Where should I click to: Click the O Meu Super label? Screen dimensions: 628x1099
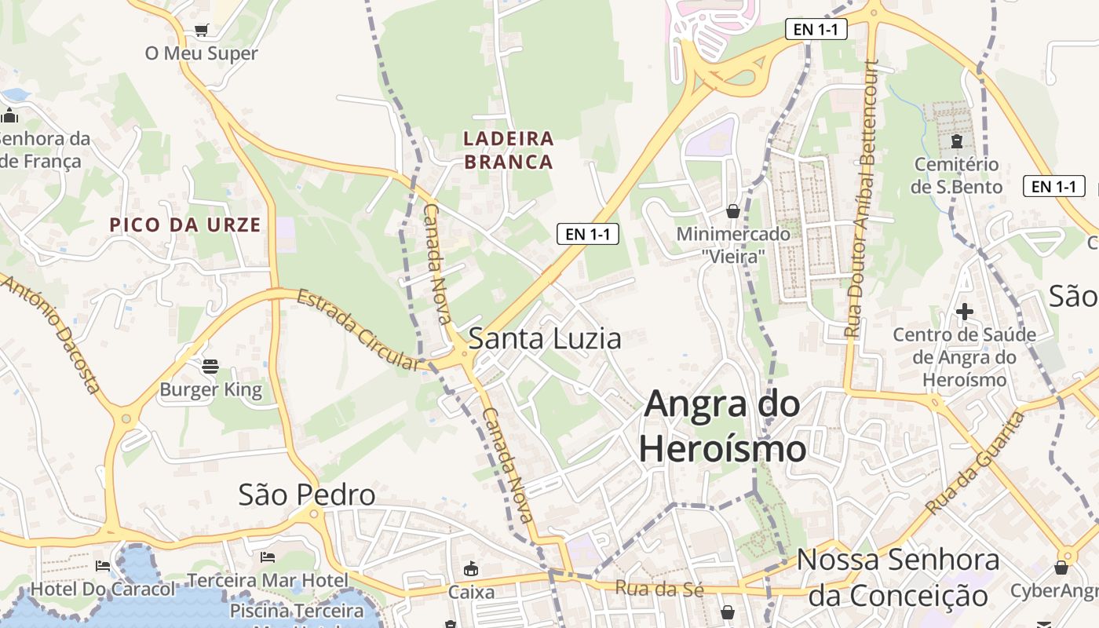click(x=202, y=53)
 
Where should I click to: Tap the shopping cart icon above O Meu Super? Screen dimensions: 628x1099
click(x=202, y=31)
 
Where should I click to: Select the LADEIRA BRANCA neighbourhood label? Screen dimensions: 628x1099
click(x=509, y=150)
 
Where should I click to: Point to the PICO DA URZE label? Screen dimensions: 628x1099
click(x=185, y=225)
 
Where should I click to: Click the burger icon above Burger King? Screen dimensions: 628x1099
click(x=210, y=366)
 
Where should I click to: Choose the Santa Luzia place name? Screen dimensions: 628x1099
click(x=545, y=338)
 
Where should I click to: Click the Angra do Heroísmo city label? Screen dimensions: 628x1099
click(x=722, y=426)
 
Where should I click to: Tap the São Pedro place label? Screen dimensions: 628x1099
click(x=307, y=495)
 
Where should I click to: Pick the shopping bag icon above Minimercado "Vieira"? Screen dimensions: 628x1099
click(x=733, y=211)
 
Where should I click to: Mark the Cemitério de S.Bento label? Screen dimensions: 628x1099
click(x=956, y=175)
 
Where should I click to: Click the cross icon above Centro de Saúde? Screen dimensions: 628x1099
click(x=965, y=312)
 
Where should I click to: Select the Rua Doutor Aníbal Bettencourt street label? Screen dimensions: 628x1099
click(x=860, y=199)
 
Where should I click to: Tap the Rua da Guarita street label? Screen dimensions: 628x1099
click(x=976, y=462)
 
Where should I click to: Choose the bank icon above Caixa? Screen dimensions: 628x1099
click(x=471, y=569)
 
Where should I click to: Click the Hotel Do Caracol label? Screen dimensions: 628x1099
click(x=103, y=589)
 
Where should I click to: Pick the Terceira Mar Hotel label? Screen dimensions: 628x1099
click(x=267, y=581)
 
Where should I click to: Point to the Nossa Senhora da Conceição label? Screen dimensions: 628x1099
click(x=898, y=578)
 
